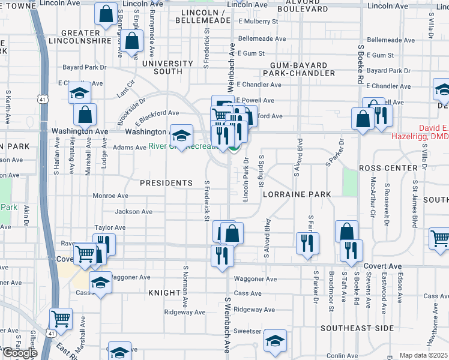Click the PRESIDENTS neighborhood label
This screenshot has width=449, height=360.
tap(166, 183)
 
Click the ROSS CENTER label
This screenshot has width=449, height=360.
tap(388, 168)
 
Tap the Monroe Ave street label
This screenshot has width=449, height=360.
tap(110, 196)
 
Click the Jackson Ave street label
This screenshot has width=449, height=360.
tap(133, 211)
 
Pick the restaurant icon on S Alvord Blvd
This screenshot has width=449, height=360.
tap(307, 243)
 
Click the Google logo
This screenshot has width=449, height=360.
tap(20, 353)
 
